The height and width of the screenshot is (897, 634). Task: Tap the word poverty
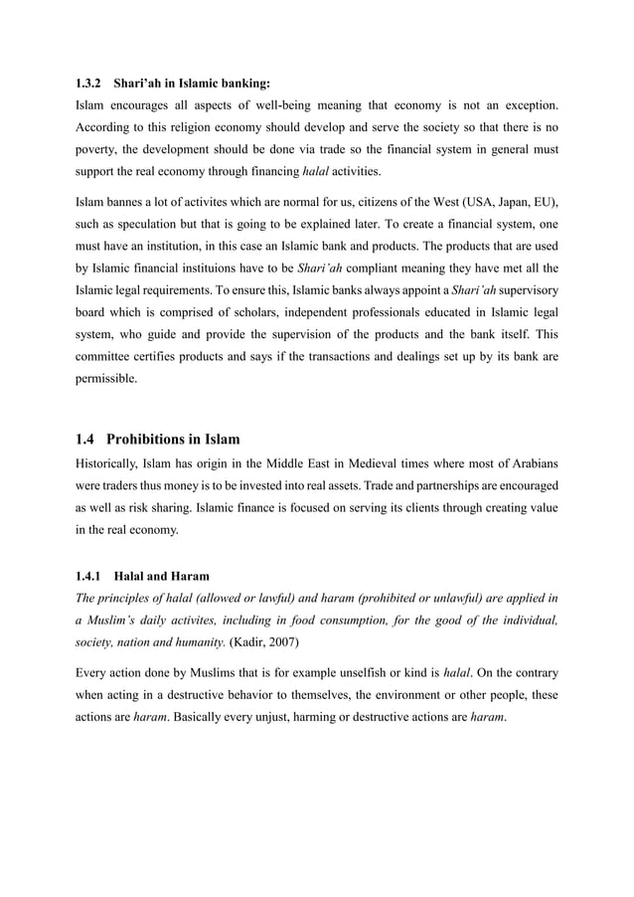pyautogui.click(x=99, y=149)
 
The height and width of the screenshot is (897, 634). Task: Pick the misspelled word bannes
pyautogui.click(x=127, y=202)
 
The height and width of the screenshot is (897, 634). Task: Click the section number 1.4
pyautogui.click(x=86, y=440)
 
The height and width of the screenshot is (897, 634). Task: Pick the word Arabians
pyautogui.click(x=530, y=463)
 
